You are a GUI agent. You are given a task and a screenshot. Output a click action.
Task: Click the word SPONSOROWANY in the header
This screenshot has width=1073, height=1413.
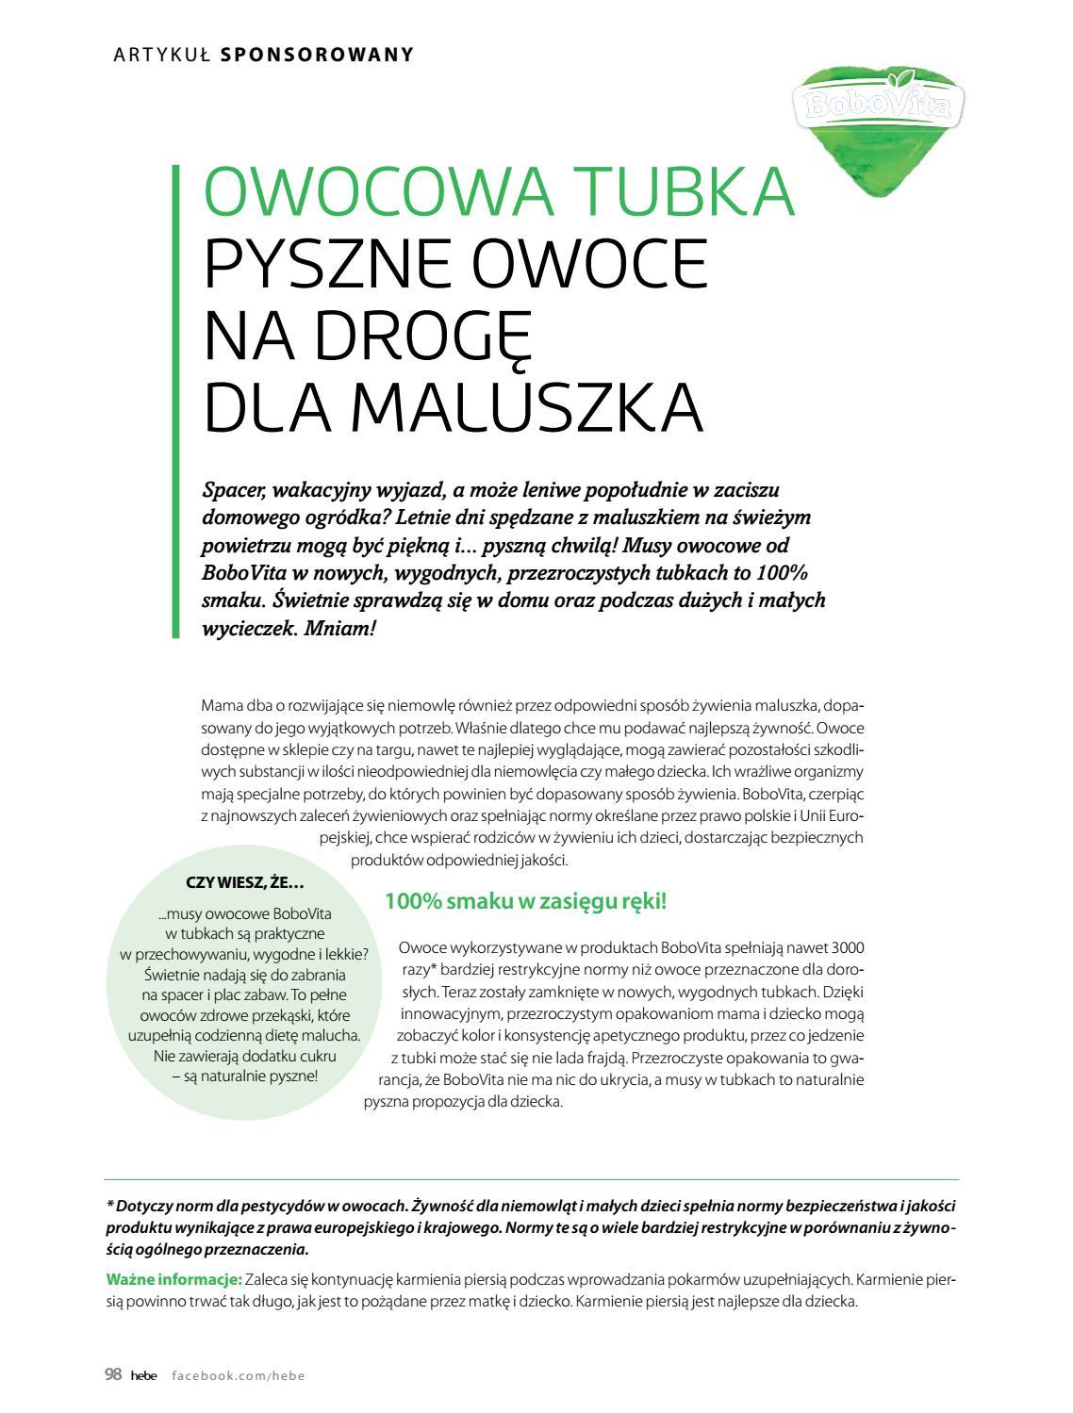[x=317, y=55]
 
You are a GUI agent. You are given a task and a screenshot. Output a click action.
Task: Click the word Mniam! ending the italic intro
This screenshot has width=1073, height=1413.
[x=340, y=628]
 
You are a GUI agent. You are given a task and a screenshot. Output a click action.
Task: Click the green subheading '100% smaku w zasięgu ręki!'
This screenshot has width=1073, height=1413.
[x=525, y=901]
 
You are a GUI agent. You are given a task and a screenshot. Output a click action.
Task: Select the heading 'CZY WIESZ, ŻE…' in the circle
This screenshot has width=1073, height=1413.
[x=245, y=883]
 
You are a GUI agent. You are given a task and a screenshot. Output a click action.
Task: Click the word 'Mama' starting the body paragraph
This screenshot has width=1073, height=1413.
[x=220, y=706]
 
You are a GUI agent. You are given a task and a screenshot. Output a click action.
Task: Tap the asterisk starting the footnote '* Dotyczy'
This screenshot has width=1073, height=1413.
[x=109, y=1206]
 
